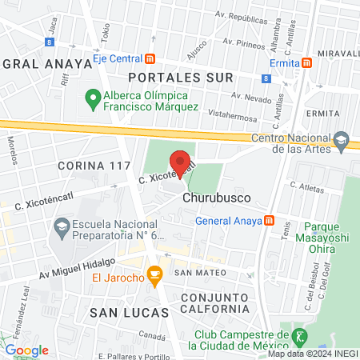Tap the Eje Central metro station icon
pos(150,58)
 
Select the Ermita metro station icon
pos(307,63)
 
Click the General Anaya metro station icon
pos(270,221)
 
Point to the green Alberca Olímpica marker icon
pos(92,100)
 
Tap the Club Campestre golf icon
pos(300,335)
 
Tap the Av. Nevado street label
pos(250,96)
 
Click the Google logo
pos(26,350)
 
